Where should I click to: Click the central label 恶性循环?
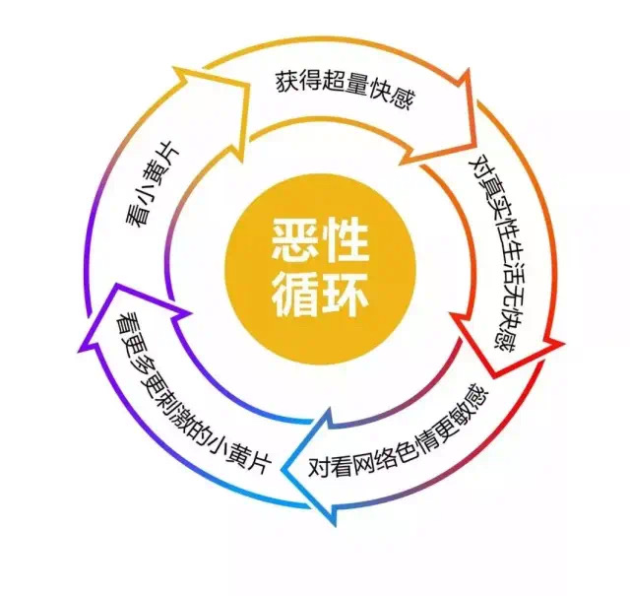tap(320, 267)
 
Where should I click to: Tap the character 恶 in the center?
tap(295, 240)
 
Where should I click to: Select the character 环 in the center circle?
tap(346, 295)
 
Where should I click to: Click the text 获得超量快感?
tap(345, 90)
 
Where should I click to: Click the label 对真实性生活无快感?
tap(493, 254)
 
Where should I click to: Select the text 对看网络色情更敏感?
tap(398, 433)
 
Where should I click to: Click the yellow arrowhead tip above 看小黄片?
tap(175, 69)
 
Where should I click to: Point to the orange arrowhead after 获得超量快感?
tap(469, 71)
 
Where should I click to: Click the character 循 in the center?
tap(295, 295)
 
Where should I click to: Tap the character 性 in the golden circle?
tap(346, 240)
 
